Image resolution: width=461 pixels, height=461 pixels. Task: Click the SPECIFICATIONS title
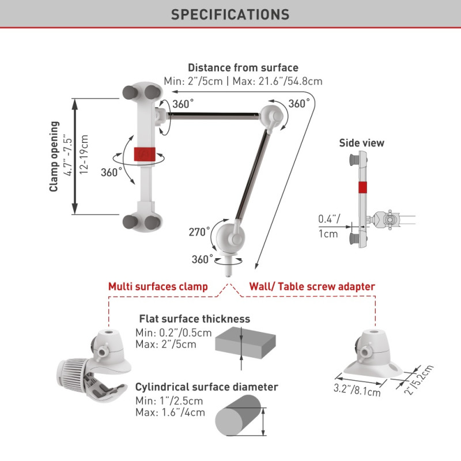(230, 14)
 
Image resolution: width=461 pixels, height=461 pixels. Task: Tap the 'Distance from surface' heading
(243, 68)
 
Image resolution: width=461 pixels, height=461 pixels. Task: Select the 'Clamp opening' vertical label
(54, 156)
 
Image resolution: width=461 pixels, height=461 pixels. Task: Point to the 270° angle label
(200, 232)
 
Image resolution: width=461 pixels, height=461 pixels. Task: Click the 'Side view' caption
(361, 143)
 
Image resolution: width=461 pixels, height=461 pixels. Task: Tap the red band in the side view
(361, 187)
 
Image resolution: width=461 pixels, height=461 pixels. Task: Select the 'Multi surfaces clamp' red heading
(158, 286)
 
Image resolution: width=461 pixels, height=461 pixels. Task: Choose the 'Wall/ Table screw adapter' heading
(312, 286)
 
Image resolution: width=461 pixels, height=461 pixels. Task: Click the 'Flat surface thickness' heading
(194, 319)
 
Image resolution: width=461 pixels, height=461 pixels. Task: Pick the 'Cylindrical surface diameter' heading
(206, 387)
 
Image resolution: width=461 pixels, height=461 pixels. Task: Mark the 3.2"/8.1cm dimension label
(357, 389)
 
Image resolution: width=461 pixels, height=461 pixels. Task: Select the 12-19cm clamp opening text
(84, 156)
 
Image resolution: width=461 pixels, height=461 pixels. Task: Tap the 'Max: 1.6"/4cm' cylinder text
(170, 412)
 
